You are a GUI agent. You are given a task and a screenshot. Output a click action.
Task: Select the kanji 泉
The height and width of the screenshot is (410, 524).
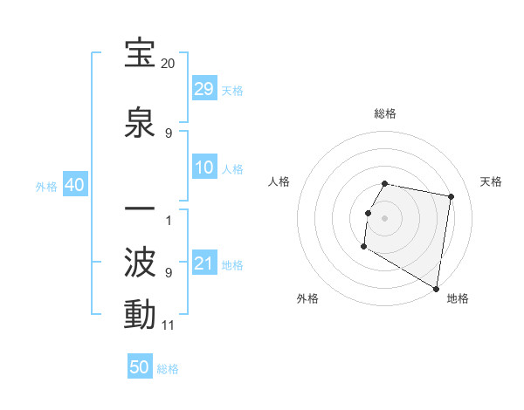pyautogui.click(x=140, y=123)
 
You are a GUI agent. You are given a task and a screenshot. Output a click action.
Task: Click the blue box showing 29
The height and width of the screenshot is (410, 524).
pyautogui.click(x=204, y=89)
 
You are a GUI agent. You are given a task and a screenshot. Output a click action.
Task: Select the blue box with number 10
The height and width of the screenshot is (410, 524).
pyautogui.click(x=204, y=167)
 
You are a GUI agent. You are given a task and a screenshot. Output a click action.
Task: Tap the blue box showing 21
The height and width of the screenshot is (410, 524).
pyautogui.click(x=204, y=263)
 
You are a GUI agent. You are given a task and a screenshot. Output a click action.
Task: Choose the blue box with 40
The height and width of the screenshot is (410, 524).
pyautogui.click(x=74, y=185)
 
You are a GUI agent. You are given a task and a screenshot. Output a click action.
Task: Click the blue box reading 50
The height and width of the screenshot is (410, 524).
pyautogui.click(x=140, y=367)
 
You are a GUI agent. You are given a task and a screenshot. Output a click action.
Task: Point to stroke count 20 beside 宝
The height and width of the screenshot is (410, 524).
pyautogui.click(x=169, y=64)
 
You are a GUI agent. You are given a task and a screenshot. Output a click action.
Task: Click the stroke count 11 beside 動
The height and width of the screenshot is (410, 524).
pyautogui.click(x=169, y=325)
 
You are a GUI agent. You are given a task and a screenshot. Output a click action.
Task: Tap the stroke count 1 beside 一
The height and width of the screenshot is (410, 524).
pyautogui.click(x=169, y=220)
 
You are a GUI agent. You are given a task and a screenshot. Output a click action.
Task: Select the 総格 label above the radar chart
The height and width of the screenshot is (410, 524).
pyautogui.click(x=385, y=114)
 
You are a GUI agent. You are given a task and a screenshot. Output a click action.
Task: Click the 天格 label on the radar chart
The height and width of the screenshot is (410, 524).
pyautogui.click(x=492, y=181)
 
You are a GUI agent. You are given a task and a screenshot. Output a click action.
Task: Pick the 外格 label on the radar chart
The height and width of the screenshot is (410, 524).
pyautogui.click(x=307, y=298)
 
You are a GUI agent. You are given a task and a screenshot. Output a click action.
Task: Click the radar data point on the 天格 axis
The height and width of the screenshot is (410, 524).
pyautogui.click(x=452, y=197)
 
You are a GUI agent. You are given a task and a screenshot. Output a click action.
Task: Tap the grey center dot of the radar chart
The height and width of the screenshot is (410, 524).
pyautogui.click(x=384, y=218)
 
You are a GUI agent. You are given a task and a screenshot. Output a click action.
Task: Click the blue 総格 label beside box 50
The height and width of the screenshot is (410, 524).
pyautogui.click(x=168, y=369)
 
